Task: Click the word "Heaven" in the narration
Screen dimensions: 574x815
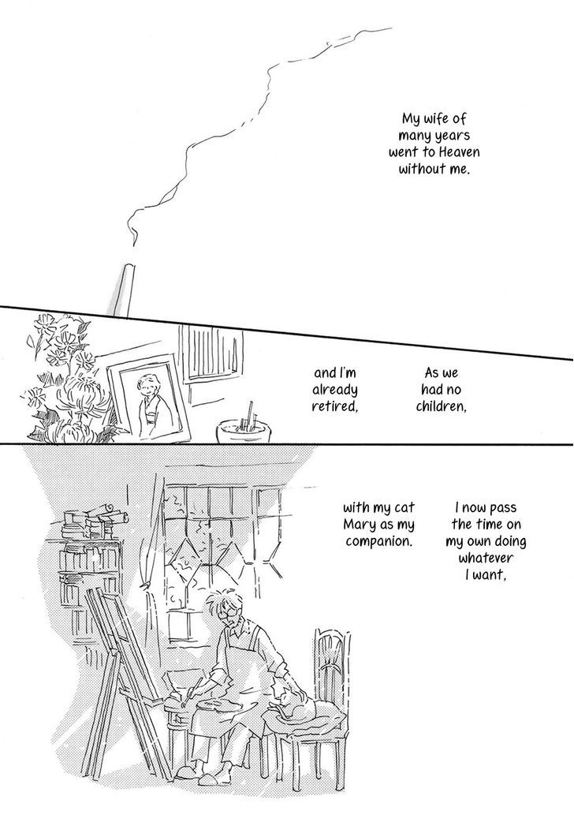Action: click(x=459, y=152)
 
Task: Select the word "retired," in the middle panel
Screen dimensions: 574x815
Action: click(x=334, y=406)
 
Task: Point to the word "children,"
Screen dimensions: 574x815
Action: click(x=441, y=406)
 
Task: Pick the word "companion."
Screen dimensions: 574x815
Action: click(x=378, y=541)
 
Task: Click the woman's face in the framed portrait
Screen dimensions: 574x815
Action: click(x=145, y=385)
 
